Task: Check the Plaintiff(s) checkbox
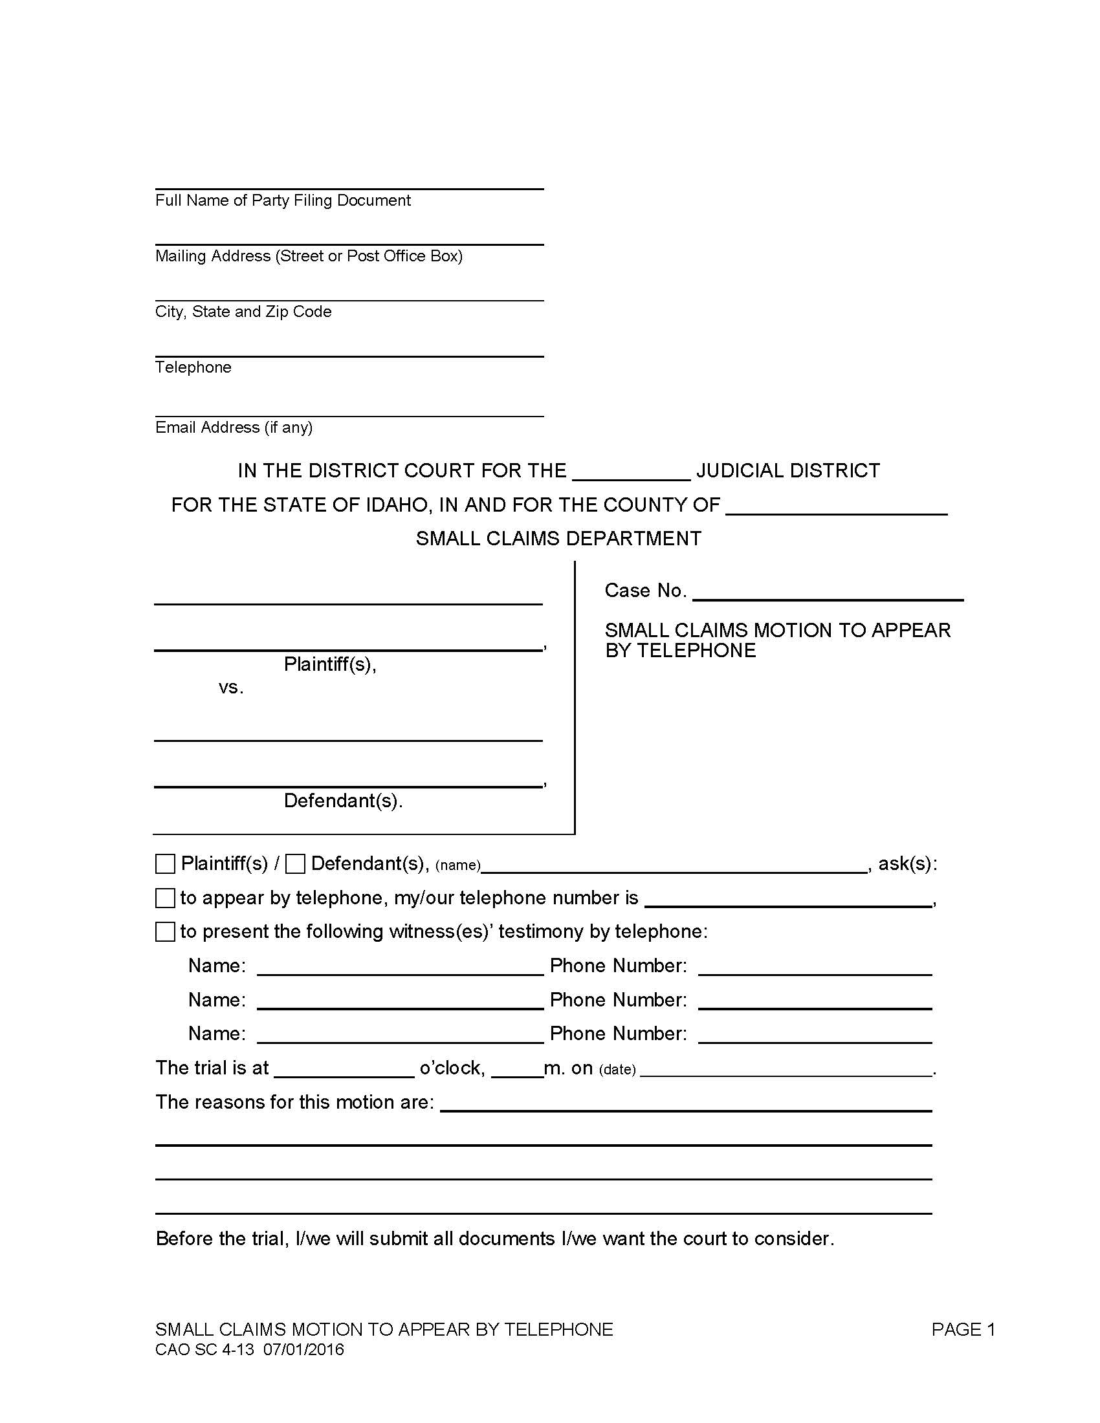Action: [x=165, y=864]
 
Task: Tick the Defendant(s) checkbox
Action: [x=295, y=864]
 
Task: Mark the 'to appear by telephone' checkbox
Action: [x=165, y=898]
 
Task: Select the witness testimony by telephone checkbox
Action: [x=165, y=931]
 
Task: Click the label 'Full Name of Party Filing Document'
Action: [x=283, y=201]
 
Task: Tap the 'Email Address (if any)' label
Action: [x=234, y=428]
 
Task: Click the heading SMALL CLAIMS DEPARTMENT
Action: [x=558, y=539]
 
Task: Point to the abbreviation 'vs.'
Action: [x=231, y=688]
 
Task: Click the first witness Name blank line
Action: [x=400, y=969]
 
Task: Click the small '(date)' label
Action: [x=617, y=1070]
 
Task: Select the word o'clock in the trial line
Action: [x=452, y=1068]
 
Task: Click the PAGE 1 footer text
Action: [x=963, y=1329]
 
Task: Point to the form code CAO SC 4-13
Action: [x=204, y=1349]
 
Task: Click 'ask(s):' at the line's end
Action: [x=907, y=864]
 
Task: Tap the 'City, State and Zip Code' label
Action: [x=243, y=312]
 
